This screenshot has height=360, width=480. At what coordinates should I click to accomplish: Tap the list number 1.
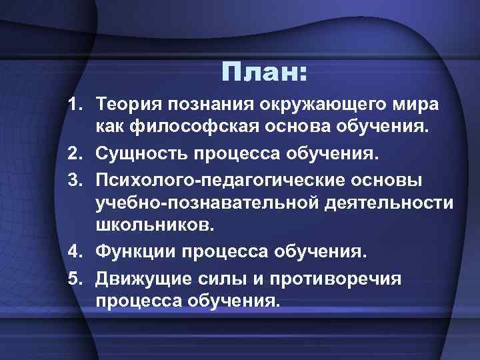tap(74, 105)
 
